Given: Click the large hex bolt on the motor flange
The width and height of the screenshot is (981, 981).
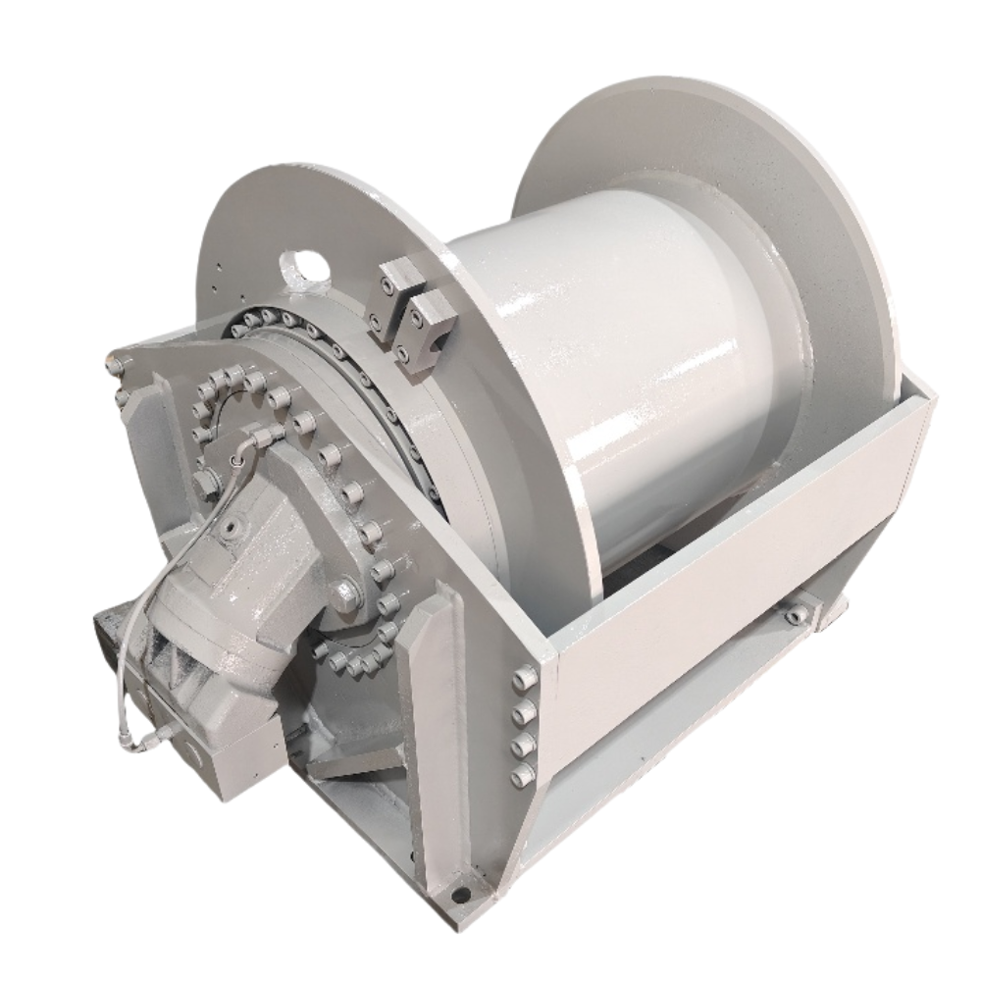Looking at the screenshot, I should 345,592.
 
